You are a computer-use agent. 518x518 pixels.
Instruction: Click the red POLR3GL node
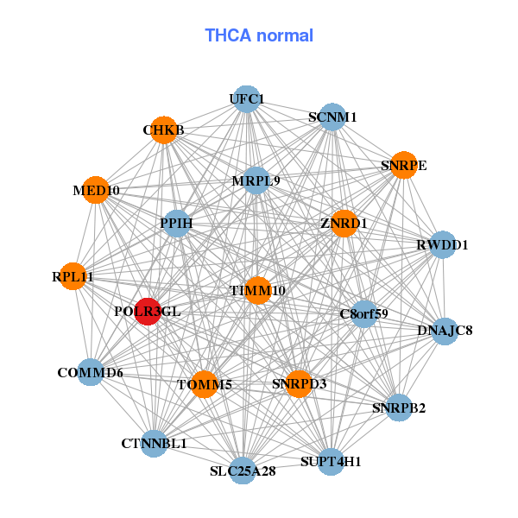[148, 311]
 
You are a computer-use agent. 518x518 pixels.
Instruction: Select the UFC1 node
[247, 99]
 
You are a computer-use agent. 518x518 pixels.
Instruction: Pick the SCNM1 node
[332, 117]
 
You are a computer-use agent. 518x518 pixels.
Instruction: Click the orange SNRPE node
[403, 165]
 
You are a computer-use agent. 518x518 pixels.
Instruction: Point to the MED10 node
[97, 190]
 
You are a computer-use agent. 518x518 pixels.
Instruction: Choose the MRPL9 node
[256, 181]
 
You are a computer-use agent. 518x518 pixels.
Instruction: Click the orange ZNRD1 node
[344, 224]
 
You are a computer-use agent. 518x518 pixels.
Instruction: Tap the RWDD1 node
[442, 245]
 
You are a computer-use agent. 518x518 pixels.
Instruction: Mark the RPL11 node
[73, 277]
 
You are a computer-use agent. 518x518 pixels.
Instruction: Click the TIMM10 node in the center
[257, 291]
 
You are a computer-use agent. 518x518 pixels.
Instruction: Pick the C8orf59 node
[363, 313]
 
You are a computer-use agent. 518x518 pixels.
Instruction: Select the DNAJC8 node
[445, 331]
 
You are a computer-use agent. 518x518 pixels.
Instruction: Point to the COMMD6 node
[91, 373]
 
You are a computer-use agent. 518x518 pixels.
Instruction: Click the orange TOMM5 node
[204, 384]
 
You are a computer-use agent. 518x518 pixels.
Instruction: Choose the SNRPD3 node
[299, 383]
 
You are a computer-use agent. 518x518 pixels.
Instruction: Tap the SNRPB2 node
[399, 407]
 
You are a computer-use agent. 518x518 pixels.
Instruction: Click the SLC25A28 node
[243, 471]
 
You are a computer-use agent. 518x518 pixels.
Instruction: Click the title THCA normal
[259, 35]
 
